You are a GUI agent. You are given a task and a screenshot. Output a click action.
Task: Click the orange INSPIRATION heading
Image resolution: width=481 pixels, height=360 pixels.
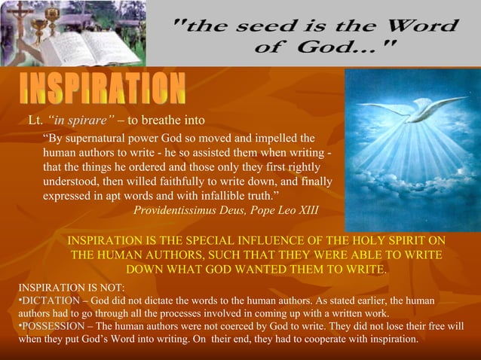point(103,90)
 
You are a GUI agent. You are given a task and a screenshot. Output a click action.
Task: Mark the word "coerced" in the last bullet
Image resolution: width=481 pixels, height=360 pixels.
point(249,326)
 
